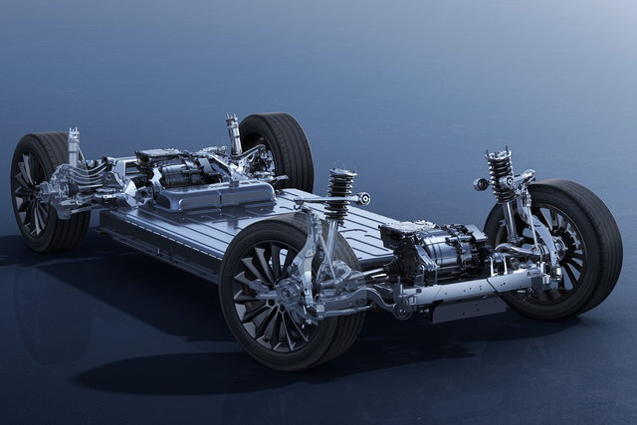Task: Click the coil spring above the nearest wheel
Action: tap(340, 193)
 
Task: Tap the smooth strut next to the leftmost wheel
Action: tap(74, 146)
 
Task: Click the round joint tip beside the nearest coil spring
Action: tap(365, 199)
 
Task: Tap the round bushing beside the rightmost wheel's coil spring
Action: tap(482, 184)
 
